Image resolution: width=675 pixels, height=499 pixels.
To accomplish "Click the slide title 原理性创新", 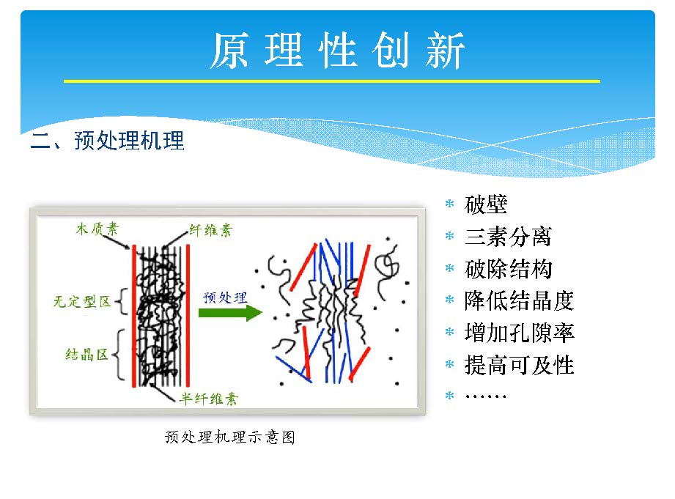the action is point(337,51).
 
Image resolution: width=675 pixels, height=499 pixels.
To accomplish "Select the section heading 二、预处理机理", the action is point(108,141).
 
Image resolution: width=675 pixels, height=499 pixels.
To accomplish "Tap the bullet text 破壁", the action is point(486,204).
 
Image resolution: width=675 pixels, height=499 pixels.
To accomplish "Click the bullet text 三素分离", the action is point(508,237).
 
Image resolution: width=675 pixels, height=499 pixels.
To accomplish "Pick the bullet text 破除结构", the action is point(508,269).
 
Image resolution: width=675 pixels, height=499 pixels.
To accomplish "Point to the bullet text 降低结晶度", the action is point(519,300).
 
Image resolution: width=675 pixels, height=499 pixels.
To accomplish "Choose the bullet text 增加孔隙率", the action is point(519,333).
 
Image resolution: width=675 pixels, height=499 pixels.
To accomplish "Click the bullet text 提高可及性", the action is point(519,365).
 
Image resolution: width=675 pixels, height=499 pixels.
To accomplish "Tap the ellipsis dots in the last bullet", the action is point(486,396).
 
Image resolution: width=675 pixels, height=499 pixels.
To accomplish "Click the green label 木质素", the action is point(97,229).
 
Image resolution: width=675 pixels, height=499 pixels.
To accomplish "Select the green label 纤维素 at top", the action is point(210,230).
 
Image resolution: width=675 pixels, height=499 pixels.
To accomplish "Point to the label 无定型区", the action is point(82,301).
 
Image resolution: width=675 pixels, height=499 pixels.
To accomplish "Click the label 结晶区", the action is point(86,355).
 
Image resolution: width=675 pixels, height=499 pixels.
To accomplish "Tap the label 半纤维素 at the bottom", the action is point(209,399).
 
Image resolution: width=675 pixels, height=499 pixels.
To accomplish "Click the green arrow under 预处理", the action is point(230,313).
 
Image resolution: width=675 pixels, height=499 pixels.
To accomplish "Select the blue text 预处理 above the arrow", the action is point(225,297).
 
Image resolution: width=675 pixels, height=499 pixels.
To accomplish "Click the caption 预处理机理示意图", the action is point(230,437).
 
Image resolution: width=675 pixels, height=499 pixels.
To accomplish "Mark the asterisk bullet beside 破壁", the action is point(449,203).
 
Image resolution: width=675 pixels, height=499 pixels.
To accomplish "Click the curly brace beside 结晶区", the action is point(119,355).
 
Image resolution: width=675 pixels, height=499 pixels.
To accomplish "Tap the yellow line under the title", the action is point(332,81).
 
